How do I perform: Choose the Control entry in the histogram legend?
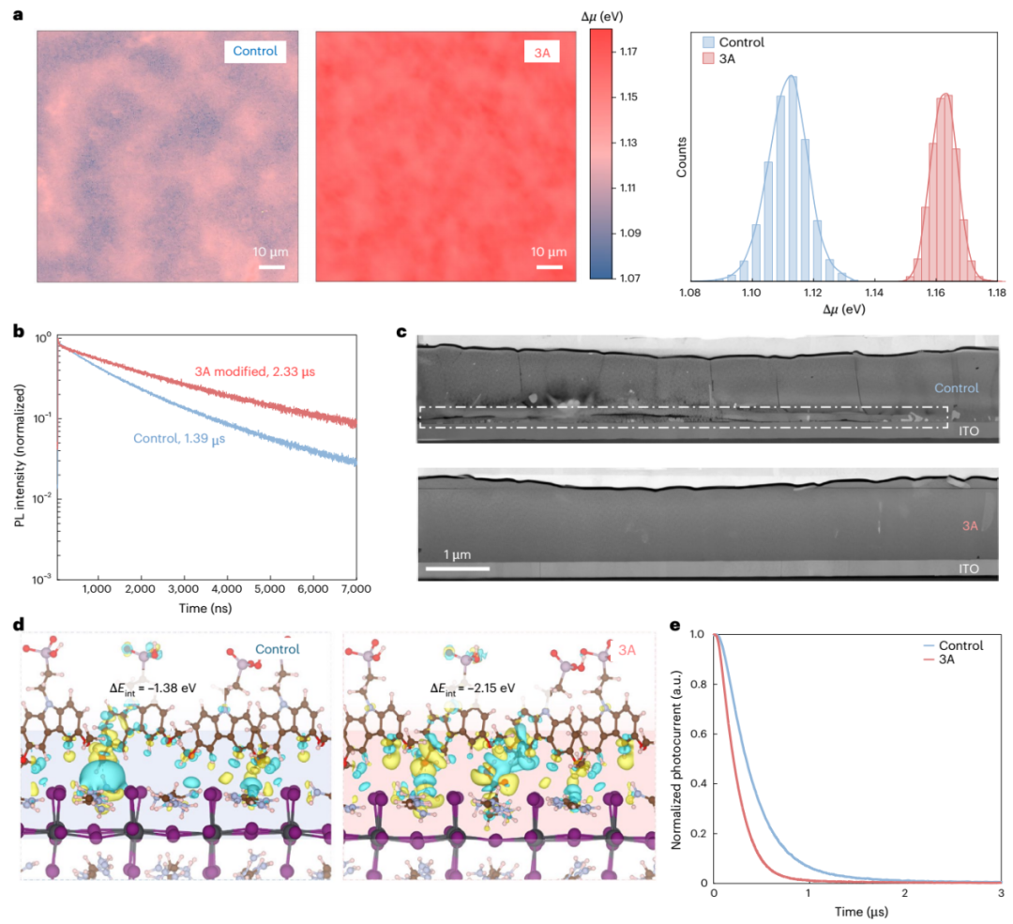(x=741, y=42)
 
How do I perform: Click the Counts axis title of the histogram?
(x=684, y=159)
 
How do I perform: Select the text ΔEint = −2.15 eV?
(x=473, y=688)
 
